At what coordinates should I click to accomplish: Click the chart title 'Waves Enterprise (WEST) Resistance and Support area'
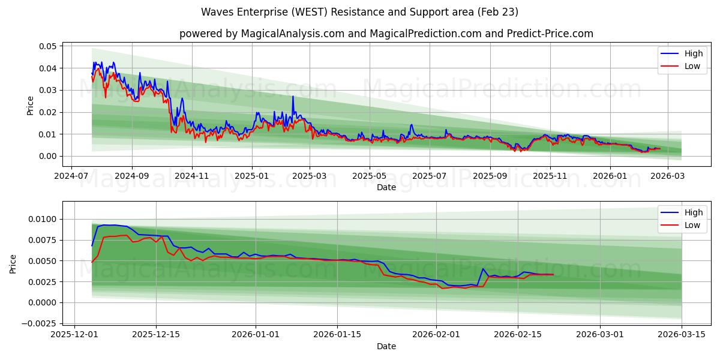359,12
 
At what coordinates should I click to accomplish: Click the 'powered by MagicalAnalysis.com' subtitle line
386,34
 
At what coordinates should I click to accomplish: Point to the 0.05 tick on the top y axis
48,46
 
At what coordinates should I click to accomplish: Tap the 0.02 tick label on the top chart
48,112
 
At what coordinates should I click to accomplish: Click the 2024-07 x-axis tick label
72,176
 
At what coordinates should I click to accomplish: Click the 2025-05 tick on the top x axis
369,176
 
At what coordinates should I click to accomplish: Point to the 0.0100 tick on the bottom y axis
44,219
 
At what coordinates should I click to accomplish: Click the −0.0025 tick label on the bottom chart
40,323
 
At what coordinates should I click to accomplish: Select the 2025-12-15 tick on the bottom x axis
156,335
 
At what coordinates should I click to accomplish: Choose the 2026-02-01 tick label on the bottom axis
436,335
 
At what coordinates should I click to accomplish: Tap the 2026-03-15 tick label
682,335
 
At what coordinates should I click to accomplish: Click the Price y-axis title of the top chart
30,105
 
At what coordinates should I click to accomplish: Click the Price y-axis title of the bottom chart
13,263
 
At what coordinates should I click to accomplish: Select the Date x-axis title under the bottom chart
386,346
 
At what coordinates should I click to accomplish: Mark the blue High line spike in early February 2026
482,269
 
